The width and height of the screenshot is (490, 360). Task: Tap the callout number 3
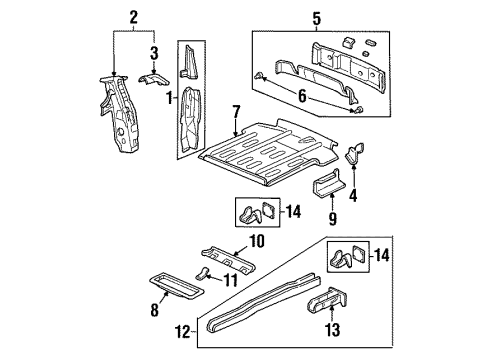coord(153,52)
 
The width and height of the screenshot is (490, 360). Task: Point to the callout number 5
coord(317,17)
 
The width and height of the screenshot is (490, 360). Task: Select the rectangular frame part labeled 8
coord(176,289)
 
